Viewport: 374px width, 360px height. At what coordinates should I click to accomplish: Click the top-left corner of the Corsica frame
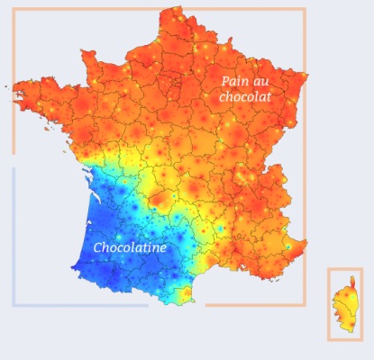coord(329,269)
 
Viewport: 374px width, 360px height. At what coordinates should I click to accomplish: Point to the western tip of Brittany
coord(12,87)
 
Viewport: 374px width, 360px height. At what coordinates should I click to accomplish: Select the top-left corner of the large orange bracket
coord(14,10)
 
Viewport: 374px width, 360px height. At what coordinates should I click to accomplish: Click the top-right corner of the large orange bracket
coord(305,10)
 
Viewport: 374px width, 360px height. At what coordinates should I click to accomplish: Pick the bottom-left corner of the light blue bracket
coord(14,305)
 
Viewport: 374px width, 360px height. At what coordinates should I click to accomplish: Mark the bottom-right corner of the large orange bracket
coord(305,304)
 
